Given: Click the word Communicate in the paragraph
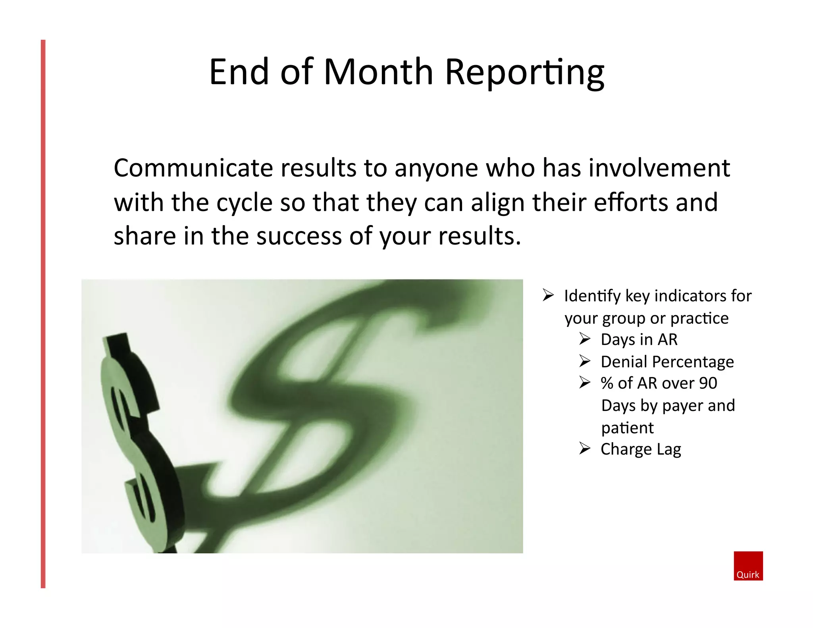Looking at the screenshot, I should point(193,168).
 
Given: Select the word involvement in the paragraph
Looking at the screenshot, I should point(659,168).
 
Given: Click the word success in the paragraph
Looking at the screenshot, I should point(299,236).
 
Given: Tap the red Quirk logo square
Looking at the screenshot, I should point(748,565).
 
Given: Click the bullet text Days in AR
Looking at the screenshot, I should point(639,340).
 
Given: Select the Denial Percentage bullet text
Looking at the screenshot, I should point(667,362).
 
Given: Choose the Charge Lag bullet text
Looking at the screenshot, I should point(641,449).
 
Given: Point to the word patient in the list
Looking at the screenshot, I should point(627,428).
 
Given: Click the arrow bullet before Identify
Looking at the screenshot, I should point(548,295).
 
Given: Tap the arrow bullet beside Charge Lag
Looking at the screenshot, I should point(585,448).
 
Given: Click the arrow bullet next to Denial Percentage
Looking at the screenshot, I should point(585,361).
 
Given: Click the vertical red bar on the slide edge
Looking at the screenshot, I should point(43,314).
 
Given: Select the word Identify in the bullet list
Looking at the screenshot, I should point(592,296).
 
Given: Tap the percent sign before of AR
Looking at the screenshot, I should point(607,383).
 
